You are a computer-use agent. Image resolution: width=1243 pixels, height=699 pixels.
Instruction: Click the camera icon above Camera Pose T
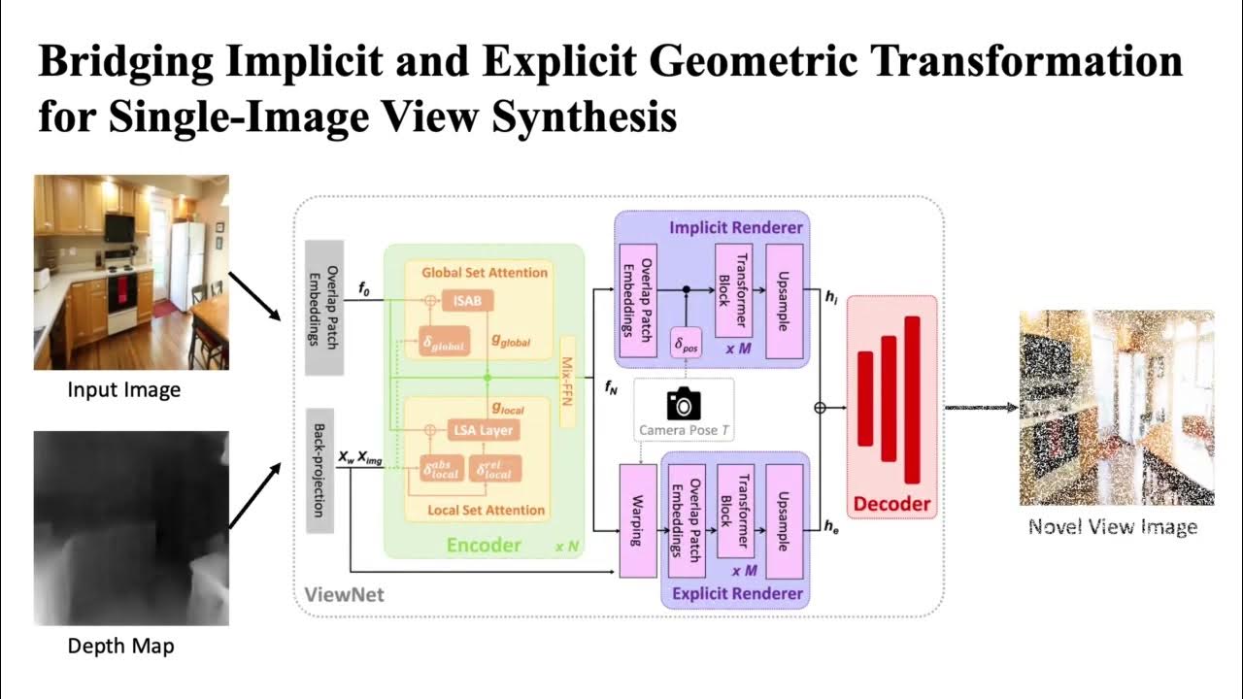(684, 403)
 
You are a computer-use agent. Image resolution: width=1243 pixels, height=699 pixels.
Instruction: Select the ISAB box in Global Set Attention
(467, 301)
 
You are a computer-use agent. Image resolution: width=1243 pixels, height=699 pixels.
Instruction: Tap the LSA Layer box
(483, 430)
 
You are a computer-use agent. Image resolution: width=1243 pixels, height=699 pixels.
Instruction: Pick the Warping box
(637, 521)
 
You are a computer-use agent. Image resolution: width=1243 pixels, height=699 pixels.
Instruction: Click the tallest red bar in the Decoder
(911, 399)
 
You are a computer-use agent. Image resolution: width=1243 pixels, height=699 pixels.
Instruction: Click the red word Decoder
(891, 504)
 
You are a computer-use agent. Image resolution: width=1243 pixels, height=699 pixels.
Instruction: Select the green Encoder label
(484, 545)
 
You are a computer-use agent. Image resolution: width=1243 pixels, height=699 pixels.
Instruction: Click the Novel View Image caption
(1113, 527)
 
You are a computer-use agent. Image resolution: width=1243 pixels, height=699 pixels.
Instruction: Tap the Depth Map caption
(121, 646)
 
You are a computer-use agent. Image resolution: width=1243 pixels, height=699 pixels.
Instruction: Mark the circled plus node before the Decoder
(820, 409)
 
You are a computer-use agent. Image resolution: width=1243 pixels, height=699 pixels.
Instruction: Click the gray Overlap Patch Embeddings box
(319, 307)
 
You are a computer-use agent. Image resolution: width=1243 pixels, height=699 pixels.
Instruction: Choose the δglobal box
(444, 344)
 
